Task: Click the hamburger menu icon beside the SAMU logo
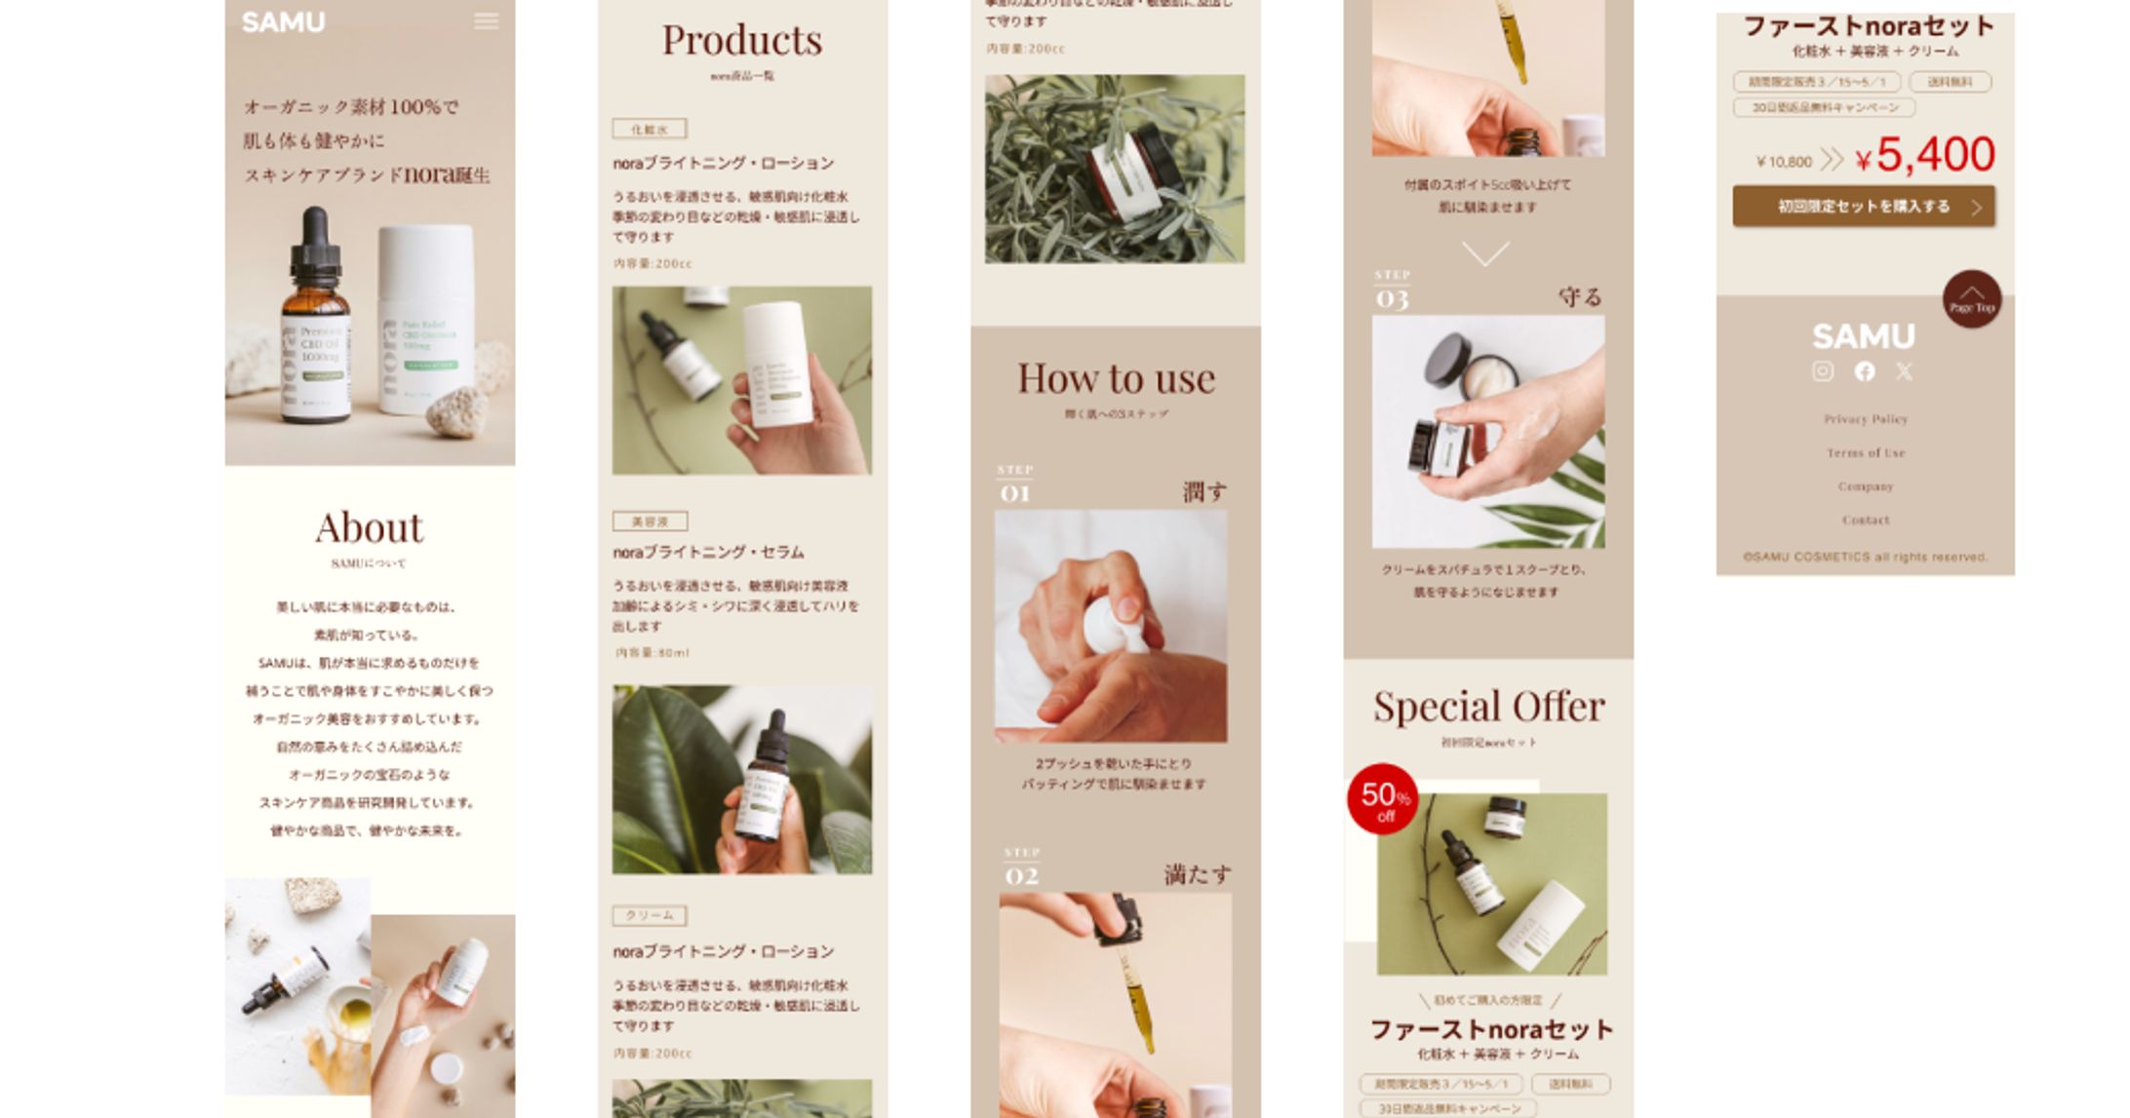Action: click(486, 21)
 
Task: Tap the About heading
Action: click(370, 528)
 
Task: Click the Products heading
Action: click(742, 41)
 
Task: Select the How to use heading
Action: click(1116, 379)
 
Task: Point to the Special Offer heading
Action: click(1488, 707)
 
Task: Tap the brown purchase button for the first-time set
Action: click(1863, 207)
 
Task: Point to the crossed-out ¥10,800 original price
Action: click(1784, 162)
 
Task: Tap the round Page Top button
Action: click(1971, 298)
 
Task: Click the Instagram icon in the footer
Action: click(1823, 371)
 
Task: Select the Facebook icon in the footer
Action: click(1865, 371)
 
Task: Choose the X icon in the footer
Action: click(1904, 371)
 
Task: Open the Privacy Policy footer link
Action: click(1866, 419)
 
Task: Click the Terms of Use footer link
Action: click(1866, 453)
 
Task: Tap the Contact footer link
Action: click(1866, 520)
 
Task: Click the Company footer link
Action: click(1866, 486)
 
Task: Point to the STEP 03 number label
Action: click(1392, 291)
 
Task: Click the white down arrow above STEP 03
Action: click(1485, 253)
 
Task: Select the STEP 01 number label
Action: click(1014, 486)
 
